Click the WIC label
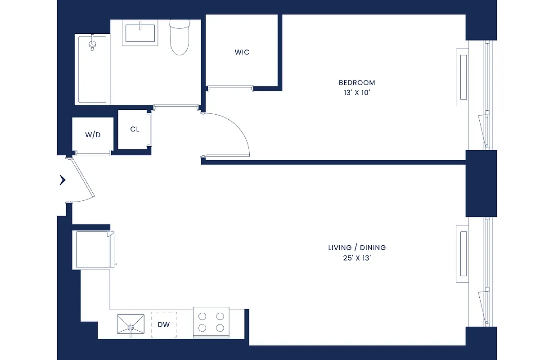242,52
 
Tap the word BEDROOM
357,83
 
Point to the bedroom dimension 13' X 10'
357,93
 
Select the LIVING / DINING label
357,247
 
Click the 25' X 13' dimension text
357,258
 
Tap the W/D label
93,135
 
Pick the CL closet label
135,130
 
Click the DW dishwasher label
164,324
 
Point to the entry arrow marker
63,180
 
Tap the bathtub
93,72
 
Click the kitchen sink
131,324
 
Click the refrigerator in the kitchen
93,250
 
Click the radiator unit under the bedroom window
463,77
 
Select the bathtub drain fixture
93,43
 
